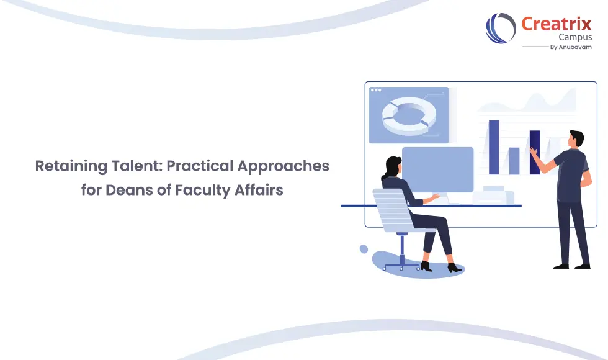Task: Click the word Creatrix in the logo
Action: coord(556,24)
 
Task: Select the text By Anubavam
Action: coord(571,47)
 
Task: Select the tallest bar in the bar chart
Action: coord(494,147)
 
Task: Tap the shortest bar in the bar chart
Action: coord(514,161)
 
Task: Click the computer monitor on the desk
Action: coord(437,169)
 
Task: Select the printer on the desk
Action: coord(493,196)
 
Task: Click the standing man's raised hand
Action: coord(534,151)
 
